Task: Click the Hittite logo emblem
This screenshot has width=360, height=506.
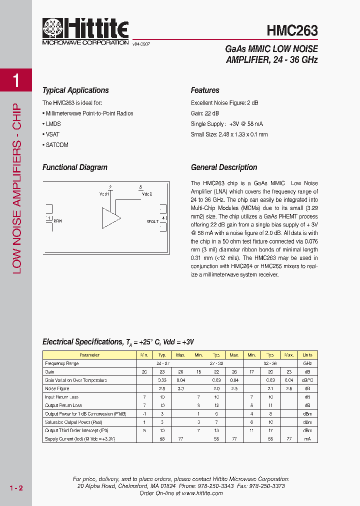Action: [x=54, y=28]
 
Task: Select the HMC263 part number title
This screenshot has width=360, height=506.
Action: [x=292, y=31]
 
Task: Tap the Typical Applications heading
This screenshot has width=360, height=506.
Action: [x=75, y=90]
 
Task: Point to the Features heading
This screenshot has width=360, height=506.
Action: [x=205, y=90]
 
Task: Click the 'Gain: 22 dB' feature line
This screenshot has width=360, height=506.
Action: [x=205, y=113]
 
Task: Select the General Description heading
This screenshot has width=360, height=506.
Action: [x=224, y=167]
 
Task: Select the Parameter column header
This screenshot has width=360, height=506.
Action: [x=89, y=355]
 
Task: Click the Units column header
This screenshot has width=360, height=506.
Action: [x=307, y=355]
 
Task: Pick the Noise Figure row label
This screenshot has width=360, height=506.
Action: [x=57, y=388]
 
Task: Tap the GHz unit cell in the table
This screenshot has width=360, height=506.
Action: [x=307, y=363]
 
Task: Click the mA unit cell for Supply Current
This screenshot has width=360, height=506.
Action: [x=307, y=438]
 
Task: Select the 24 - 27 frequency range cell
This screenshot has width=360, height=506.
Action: [x=162, y=363]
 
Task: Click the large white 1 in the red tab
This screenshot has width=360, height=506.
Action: [x=16, y=80]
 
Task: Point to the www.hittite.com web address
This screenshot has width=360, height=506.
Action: [x=202, y=493]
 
